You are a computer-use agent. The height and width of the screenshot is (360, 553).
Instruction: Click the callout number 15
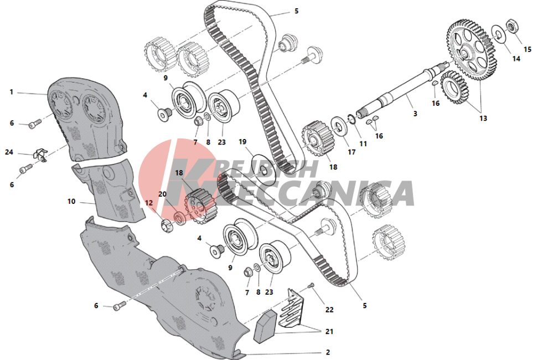(527, 49)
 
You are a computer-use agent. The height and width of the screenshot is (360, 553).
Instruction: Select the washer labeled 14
(498, 34)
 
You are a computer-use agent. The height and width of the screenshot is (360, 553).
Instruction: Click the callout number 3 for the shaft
(415, 114)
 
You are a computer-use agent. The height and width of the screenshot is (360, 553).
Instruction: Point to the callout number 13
(483, 118)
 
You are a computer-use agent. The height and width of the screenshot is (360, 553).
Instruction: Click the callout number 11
(363, 143)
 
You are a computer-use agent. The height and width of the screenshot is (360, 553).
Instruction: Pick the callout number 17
(352, 152)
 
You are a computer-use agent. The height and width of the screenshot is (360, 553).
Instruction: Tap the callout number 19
(242, 142)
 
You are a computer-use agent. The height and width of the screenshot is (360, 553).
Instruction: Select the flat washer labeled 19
(263, 168)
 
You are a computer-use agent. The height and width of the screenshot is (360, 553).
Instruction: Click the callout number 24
(9, 152)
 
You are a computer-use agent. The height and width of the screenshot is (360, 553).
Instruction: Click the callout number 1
(11, 92)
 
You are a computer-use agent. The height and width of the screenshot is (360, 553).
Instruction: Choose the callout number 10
(71, 202)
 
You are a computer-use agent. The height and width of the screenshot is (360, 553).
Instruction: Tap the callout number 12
(149, 203)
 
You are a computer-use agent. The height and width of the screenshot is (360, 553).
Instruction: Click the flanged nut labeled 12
(166, 225)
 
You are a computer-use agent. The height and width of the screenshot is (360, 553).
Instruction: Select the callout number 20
(162, 194)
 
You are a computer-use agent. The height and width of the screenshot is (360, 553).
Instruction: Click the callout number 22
(329, 310)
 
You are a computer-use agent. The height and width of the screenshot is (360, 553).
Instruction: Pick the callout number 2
(328, 352)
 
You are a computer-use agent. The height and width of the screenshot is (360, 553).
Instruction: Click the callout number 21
(329, 331)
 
